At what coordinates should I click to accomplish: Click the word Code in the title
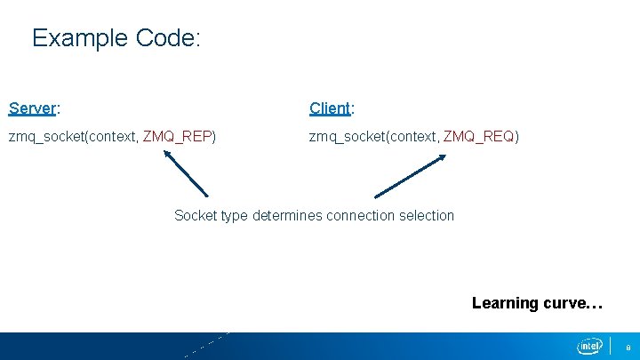click(x=169, y=38)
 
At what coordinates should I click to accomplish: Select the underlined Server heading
click(x=32, y=108)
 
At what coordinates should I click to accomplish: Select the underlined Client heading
click(x=330, y=108)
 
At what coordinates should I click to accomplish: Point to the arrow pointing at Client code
click(x=411, y=175)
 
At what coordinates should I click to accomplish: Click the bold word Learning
click(x=505, y=303)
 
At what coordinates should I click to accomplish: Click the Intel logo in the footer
click(x=589, y=346)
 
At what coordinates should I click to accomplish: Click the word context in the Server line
click(x=110, y=137)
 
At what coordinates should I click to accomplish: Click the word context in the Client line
click(x=411, y=137)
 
